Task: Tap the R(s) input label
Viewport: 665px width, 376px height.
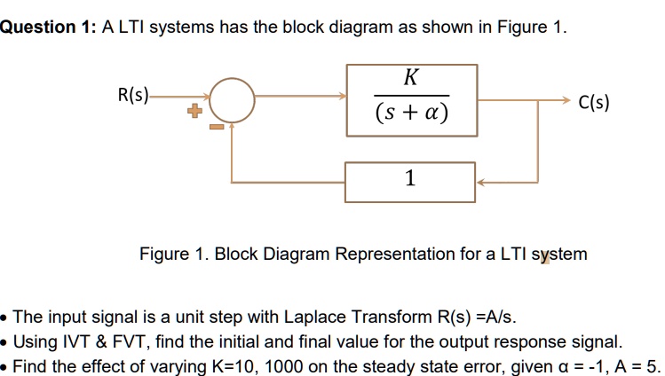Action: point(134,92)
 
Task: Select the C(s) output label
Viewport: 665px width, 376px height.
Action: point(593,103)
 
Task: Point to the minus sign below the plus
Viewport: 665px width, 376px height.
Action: point(213,127)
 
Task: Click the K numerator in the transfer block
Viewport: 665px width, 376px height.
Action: point(409,77)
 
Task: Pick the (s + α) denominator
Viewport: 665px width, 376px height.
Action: point(411,114)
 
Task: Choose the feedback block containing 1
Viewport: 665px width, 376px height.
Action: point(410,180)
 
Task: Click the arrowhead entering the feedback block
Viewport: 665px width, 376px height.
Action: point(480,182)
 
